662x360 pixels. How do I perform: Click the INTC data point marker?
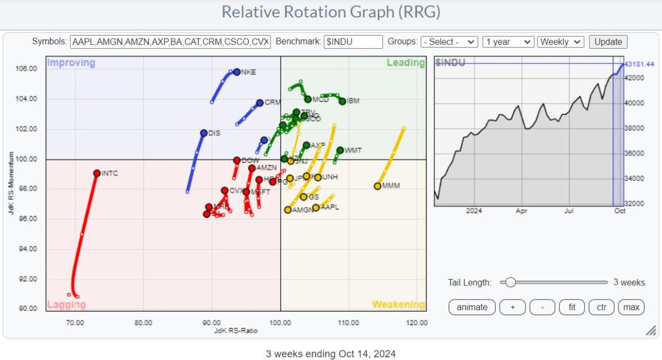97,173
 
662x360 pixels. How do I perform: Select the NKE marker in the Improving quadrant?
237,72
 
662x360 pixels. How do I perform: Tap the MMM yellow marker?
377,186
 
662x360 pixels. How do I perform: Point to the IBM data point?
342,101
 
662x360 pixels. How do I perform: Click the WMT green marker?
340,151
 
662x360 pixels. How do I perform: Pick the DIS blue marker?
204,133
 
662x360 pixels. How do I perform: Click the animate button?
472,307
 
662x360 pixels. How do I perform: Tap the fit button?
572,307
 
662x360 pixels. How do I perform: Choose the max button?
631,307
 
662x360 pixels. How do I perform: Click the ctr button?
601,307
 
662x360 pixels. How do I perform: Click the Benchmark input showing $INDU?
353,42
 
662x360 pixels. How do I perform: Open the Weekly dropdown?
561,42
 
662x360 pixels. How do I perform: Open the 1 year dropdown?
508,42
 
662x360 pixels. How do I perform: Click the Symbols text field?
170,42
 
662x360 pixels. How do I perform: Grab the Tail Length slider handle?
510,282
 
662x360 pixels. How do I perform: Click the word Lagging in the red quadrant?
66,305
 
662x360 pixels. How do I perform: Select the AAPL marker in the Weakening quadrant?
316,208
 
